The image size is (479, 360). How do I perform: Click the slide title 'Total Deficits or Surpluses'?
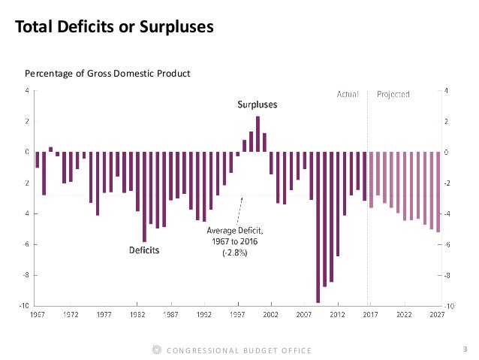coord(115,29)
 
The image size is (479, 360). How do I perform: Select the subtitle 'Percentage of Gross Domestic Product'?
coord(107,73)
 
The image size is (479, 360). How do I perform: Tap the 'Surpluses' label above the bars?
coord(258,105)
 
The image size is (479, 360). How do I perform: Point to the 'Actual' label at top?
coord(348,95)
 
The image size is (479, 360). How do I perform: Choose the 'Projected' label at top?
coord(393,95)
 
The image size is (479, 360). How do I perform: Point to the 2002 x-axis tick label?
coord(272,314)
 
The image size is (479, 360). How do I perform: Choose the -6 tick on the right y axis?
coord(450,244)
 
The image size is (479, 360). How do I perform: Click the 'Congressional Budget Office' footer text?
coord(238,350)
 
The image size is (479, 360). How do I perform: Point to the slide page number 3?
coord(465,349)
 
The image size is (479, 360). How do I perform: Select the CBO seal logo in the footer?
coord(156,349)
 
